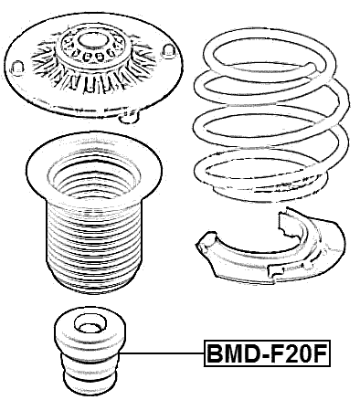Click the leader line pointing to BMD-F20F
pos(164,353)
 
